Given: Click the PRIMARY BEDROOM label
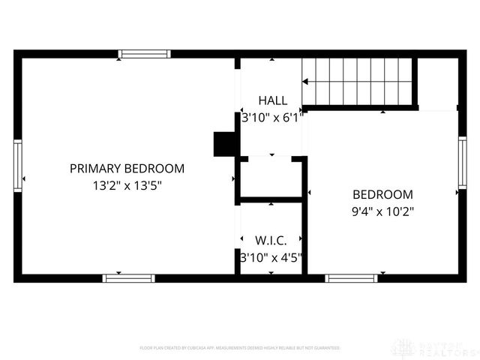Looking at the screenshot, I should (x=127, y=169).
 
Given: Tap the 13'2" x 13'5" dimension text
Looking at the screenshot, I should (x=127, y=185).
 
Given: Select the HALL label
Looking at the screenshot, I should (x=272, y=100).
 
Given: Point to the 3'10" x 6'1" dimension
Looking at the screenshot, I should (x=272, y=117).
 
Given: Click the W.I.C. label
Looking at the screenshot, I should (x=271, y=241).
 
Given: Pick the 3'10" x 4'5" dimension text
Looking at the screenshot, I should (x=271, y=257).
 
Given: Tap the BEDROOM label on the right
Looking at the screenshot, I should (x=382, y=193).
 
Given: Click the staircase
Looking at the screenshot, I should (x=358, y=81).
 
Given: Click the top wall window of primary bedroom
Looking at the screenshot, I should (x=145, y=54).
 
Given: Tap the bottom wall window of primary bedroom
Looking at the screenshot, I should (x=128, y=277).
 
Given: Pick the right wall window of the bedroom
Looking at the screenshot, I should (x=462, y=162).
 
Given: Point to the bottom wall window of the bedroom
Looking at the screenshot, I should (x=351, y=277).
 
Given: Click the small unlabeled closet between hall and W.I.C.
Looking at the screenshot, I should (x=271, y=178).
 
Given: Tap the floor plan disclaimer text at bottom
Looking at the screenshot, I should (x=240, y=348).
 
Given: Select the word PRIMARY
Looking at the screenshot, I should (x=96, y=169).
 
